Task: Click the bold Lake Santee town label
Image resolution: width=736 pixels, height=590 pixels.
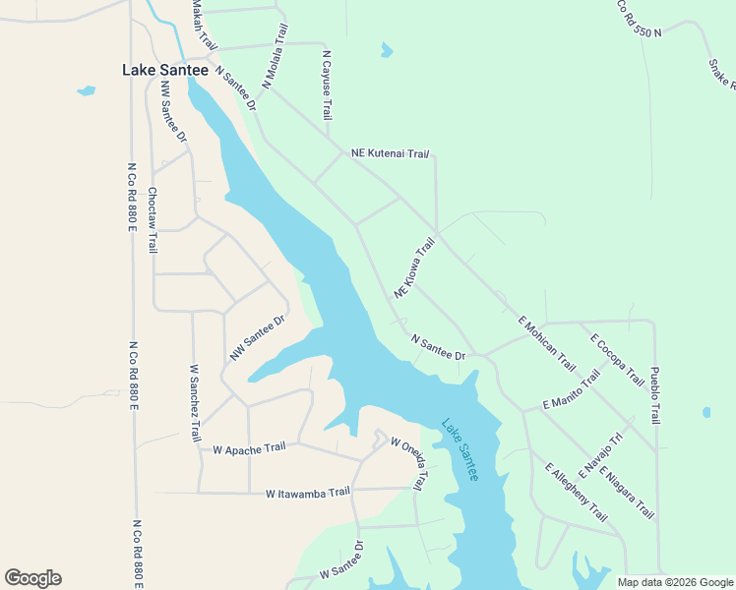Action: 164,70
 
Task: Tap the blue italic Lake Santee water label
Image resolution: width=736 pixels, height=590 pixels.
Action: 460,450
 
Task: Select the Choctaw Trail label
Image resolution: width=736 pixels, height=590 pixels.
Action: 153,220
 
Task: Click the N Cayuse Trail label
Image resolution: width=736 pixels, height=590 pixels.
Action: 327,87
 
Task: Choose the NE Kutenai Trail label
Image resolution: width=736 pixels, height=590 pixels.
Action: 392,153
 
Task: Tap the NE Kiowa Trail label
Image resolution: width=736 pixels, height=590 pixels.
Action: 414,268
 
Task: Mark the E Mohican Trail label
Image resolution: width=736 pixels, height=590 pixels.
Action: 547,343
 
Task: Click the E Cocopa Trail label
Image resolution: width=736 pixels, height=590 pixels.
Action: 617,359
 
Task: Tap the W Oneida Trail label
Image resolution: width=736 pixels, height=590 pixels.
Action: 410,461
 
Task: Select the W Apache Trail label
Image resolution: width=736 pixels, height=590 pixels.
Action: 249,448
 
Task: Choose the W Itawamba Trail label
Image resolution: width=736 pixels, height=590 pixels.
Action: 308,492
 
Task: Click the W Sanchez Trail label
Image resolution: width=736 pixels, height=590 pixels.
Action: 195,402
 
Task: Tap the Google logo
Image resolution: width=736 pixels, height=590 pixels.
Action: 32,578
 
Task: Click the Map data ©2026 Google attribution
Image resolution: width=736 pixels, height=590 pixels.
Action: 674,582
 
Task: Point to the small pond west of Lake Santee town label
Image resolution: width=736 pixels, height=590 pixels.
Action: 87,91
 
